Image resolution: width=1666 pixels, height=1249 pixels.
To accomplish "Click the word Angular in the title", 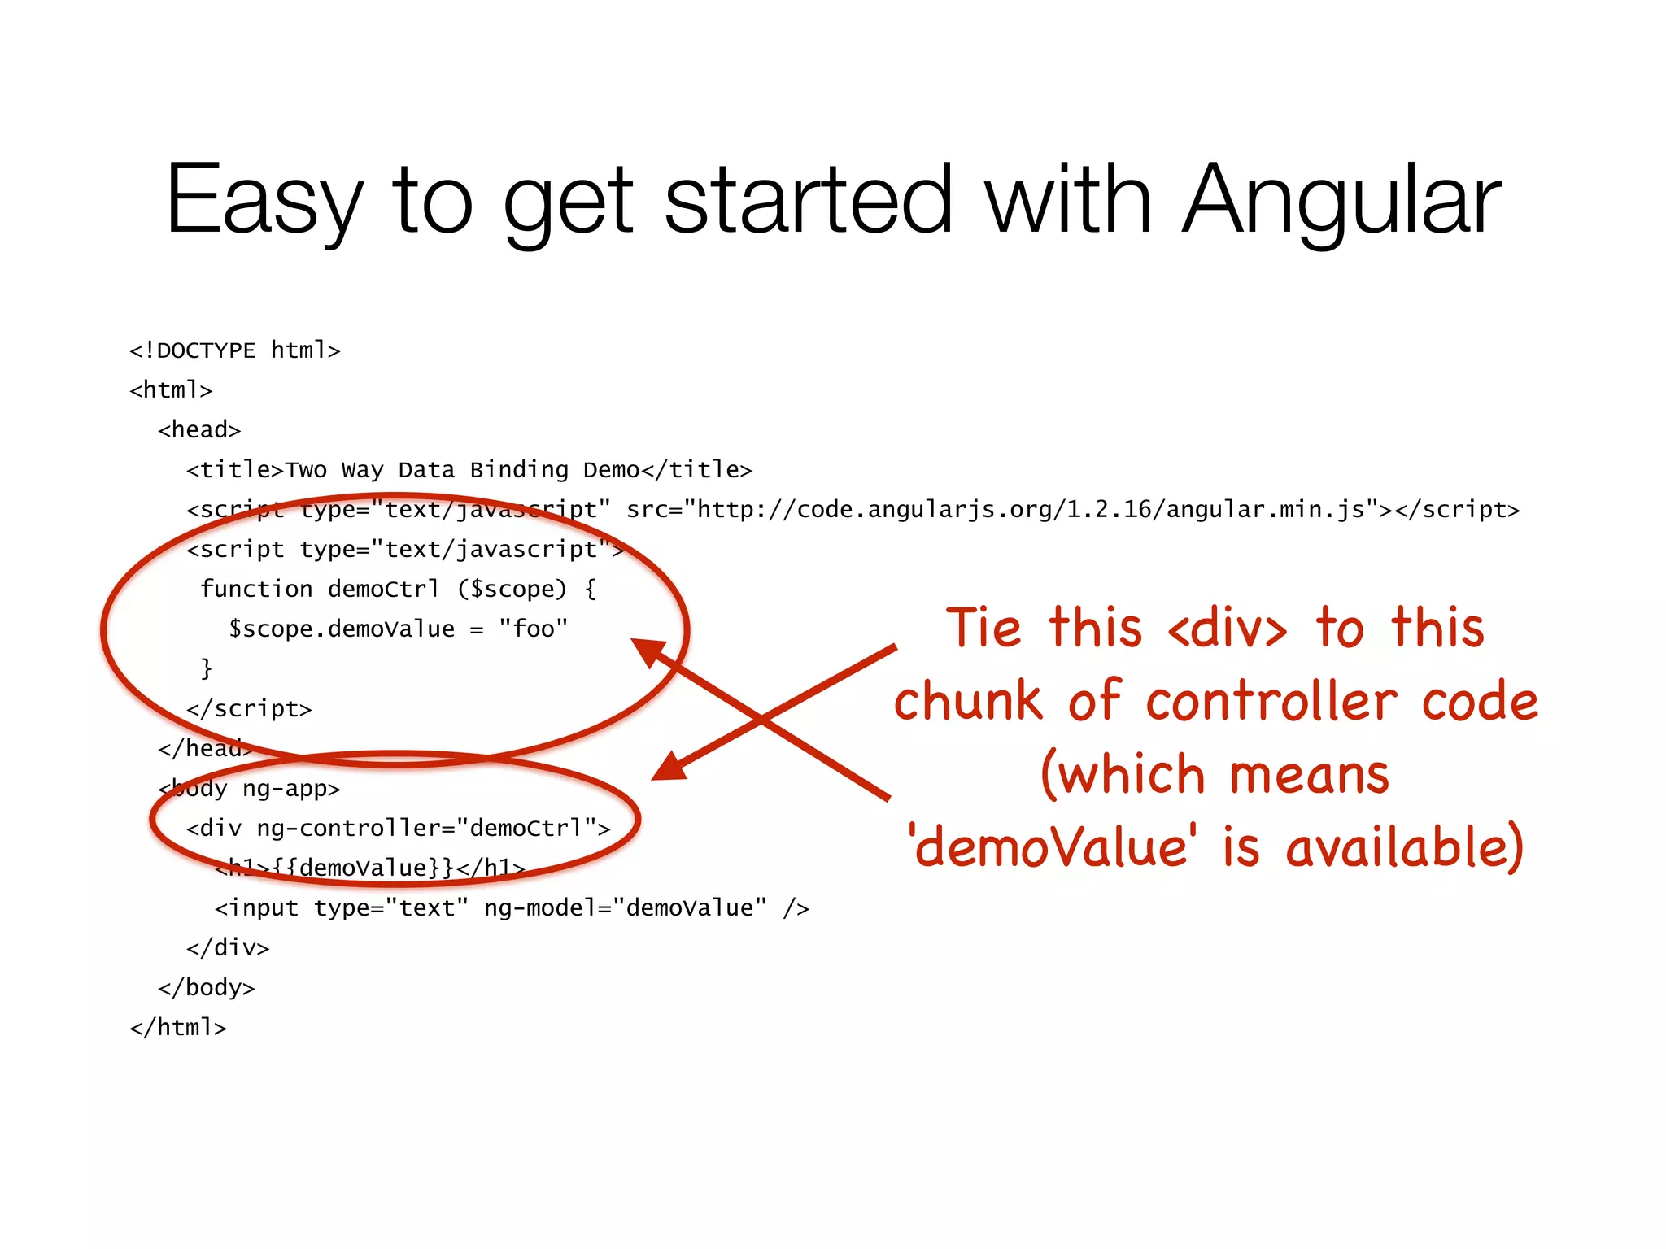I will click(x=1341, y=200).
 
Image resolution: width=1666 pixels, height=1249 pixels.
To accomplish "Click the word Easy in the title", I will click(x=264, y=200).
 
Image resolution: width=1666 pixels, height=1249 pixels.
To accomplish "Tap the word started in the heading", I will click(x=808, y=200).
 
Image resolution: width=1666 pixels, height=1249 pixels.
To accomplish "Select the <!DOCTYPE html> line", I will click(x=234, y=350).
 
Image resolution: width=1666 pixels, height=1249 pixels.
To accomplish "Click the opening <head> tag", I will click(x=199, y=430).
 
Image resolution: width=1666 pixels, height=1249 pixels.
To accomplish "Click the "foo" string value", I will click(x=534, y=629).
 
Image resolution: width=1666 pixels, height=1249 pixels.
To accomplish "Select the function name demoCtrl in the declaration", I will click(x=383, y=589).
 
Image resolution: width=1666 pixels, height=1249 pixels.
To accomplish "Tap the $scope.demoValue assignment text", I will click(x=342, y=629).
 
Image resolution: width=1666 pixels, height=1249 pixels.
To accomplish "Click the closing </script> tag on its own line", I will click(x=249, y=709).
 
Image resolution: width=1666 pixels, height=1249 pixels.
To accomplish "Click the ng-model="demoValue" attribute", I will click(x=625, y=907).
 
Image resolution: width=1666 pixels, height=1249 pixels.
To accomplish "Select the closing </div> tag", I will click(x=228, y=948).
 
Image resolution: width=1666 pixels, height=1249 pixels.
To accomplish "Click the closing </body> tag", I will click(x=207, y=988).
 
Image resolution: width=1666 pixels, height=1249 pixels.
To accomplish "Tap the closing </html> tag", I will click(x=178, y=1028).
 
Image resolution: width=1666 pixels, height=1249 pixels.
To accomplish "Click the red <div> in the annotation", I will click(x=1228, y=629).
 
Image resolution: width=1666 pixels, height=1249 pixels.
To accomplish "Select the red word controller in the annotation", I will click(x=1272, y=701).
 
